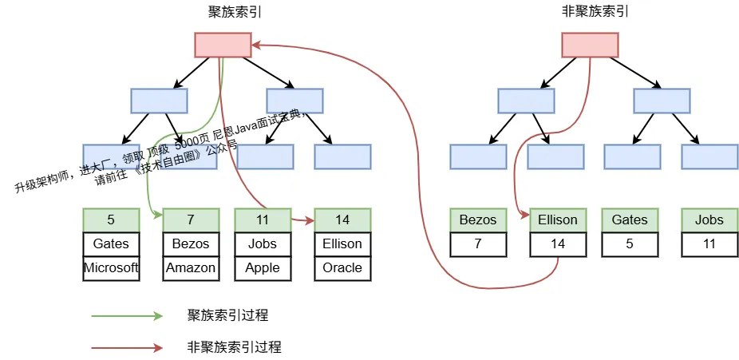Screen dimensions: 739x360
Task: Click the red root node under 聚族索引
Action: tap(223, 45)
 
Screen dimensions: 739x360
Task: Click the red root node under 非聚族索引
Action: tap(590, 45)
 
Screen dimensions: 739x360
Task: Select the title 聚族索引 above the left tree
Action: tap(235, 12)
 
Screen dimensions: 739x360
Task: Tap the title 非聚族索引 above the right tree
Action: tap(595, 12)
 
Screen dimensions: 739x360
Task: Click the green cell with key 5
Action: tap(111, 220)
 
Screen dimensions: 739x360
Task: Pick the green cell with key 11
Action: tap(263, 220)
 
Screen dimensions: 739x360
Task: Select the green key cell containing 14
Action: tap(342, 220)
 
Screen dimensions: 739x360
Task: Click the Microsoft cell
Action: tap(111, 268)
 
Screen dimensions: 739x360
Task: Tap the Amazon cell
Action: tap(191, 268)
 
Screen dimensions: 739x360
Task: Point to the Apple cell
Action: tap(263, 268)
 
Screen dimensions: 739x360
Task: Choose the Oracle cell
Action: tap(342, 268)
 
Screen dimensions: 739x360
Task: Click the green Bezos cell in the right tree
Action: tap(478, 220)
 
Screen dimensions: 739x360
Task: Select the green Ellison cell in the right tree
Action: tap(558, 220)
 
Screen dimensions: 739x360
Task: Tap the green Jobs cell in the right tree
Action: tap(709, 220)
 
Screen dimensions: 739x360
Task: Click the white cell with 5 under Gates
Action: tap(630, 244)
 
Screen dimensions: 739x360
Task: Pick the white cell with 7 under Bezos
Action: tap(478, 244)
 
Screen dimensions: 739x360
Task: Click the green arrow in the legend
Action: tap(127, 316)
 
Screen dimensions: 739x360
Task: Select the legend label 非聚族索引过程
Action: tap(235, 348)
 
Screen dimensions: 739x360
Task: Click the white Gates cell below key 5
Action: tap(111, 244)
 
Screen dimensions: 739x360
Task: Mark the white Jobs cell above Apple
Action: tap(263, 244)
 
